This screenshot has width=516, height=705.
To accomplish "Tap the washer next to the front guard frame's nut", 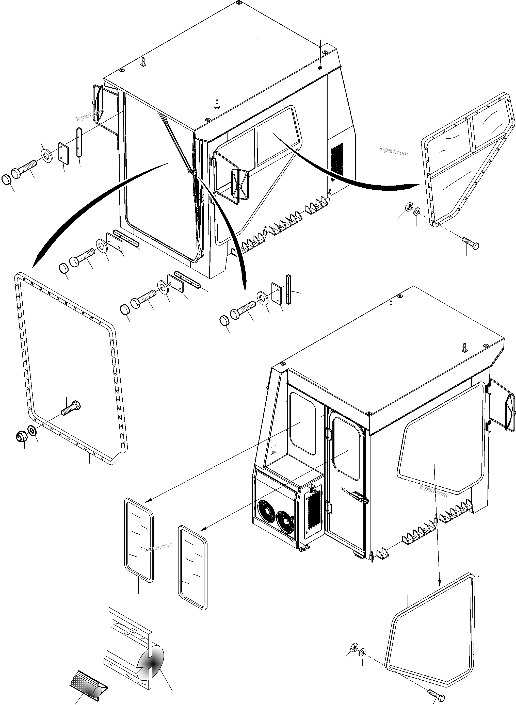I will (x=32, y=431).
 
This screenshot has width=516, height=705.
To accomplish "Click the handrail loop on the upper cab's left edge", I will (x=98, y=103).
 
